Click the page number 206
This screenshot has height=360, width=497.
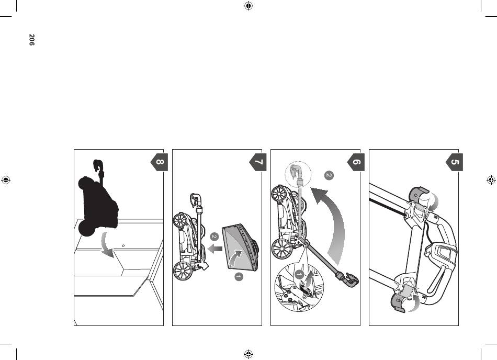(31, 40)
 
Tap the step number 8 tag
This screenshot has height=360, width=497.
(159, 162)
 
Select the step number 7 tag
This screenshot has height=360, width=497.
(258, 162)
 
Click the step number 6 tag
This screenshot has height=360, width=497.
(356, 162)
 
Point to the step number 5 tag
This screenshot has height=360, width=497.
(454, 162)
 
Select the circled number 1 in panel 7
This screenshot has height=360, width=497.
(239, 277)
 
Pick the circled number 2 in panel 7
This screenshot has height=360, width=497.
(214, 237)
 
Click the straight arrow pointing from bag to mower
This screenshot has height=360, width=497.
(215, 249)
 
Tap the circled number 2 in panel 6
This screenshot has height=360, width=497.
(329, 175)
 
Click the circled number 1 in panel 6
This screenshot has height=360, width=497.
(299, 274)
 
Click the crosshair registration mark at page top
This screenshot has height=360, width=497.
(249, 6)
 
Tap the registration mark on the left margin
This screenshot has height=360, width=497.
(6, 180)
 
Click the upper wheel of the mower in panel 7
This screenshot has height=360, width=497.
(180, 220)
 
